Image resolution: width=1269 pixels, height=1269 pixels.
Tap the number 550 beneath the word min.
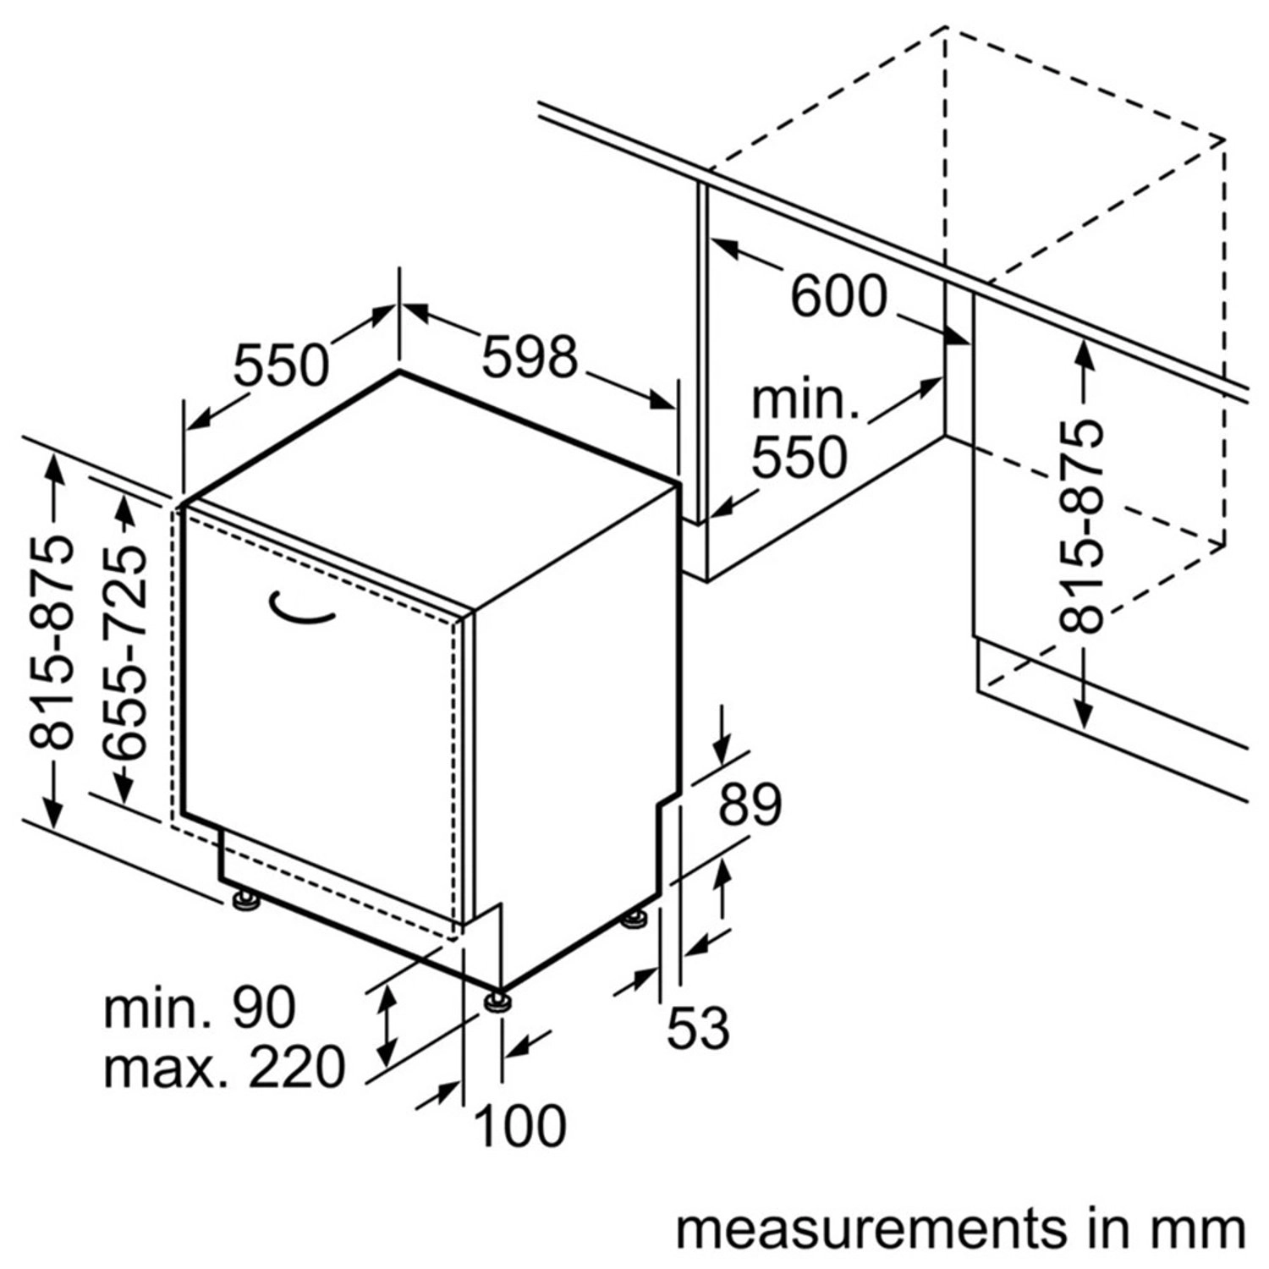pos(799,458)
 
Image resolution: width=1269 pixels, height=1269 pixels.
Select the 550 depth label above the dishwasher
pos(280,365)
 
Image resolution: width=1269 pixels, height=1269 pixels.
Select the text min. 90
pos(200,1008)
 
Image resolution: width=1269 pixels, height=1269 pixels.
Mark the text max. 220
pos(224,1067)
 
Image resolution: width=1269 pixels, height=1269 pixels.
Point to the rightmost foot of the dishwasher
pos(636,920)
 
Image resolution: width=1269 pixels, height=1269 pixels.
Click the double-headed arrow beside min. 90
pos(387,1025)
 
